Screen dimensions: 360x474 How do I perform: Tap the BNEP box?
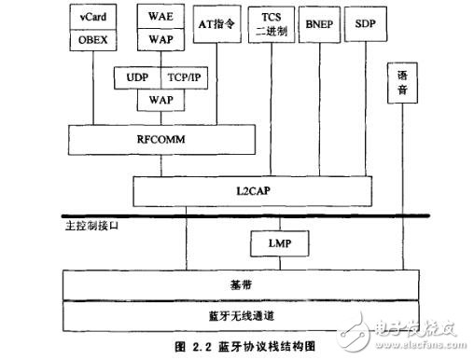[318, 23]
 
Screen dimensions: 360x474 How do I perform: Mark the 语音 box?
[402, 86]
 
